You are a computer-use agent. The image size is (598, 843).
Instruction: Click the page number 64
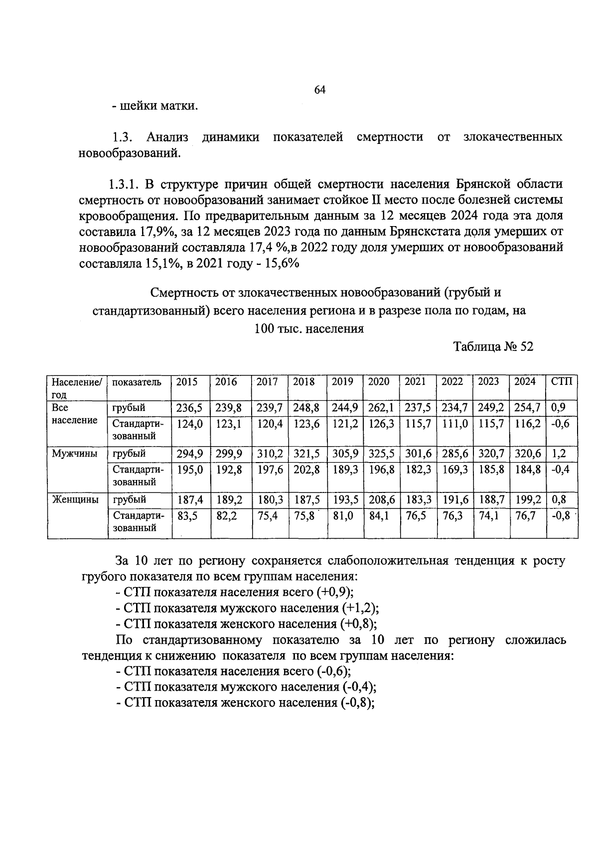(x=319, y=90)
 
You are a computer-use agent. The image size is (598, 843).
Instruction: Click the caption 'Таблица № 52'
(x=493, y=347)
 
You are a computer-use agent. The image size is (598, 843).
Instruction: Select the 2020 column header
(x=379, y=382)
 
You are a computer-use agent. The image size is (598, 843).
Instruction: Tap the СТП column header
(x=562, y=382)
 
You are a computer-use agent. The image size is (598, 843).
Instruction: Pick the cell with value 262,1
(x=381, y=408)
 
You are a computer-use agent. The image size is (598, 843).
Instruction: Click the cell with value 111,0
(x=454, y=424)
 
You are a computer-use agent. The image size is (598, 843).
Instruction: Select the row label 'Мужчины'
(x=74, y=454)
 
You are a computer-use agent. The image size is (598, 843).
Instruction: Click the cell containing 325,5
(x=381, y=454)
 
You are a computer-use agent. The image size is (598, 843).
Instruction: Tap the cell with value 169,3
(x=454, y=470)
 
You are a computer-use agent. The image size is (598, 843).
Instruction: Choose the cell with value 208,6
(x=381, y=499)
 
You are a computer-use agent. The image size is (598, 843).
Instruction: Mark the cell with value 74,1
(x=489, y=516)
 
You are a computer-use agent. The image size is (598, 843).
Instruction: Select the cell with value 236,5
(x=190, y=408)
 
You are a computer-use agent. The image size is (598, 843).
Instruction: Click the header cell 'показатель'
(x=137, y=382)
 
